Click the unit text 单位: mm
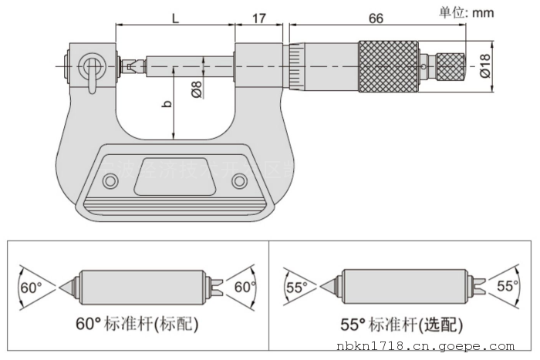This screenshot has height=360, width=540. tap(466, 12)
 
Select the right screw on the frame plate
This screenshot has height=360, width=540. tap(239, 181)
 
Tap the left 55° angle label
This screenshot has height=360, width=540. tap(296, 288)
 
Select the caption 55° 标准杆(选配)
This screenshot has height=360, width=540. tap(401, 324)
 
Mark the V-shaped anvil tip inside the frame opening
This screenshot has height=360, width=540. tap(127, 66)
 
